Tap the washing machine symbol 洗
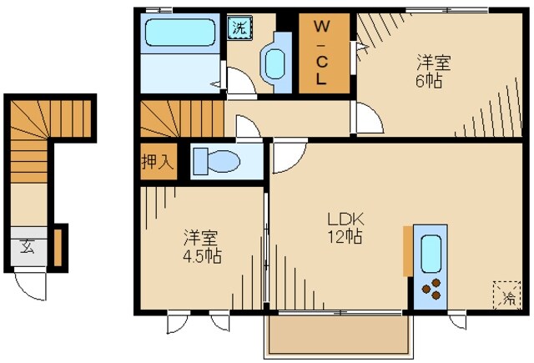coord(239,27)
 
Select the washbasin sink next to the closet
coord(275,63)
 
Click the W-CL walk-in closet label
coord(320,53)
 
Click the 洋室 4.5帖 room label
coord(201,247)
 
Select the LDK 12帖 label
coord(344,228)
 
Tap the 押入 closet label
coord(158,162)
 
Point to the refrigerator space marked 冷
coord(506,294)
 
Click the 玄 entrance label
coord(28,247)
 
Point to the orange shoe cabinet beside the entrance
coord(58,247)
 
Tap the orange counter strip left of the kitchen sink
coord(407,250)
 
